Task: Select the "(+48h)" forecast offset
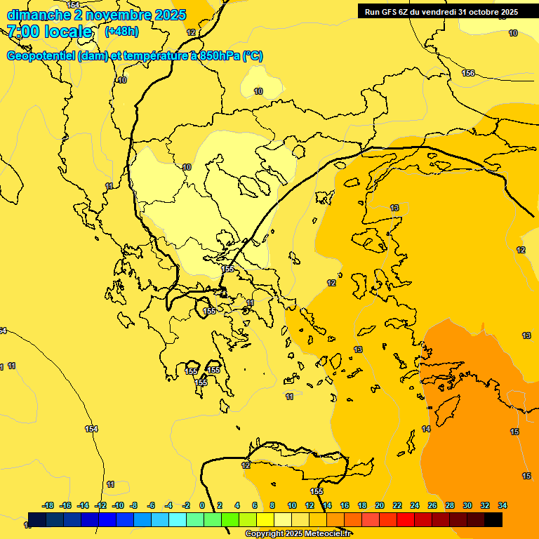click(x=121, y=32)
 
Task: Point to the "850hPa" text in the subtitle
click(x=218, y=56)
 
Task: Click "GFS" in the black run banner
click(x=390, y=11)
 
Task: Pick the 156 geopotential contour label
click(x=468, y=74)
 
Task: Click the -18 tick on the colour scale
click(x=48, y=505)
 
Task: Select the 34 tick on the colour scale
click(x=503, y=505)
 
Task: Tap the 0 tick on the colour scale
click(x=202, y=505)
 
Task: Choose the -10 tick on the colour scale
click(x=118, y=505)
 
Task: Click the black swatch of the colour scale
click(x=493, y=520)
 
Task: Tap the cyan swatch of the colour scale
click(x=177, y=520)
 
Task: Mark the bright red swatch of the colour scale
click(x=405, y=520)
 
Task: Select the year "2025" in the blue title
click(x=171, y=15)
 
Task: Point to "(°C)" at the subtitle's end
click(x=252, y=56)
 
